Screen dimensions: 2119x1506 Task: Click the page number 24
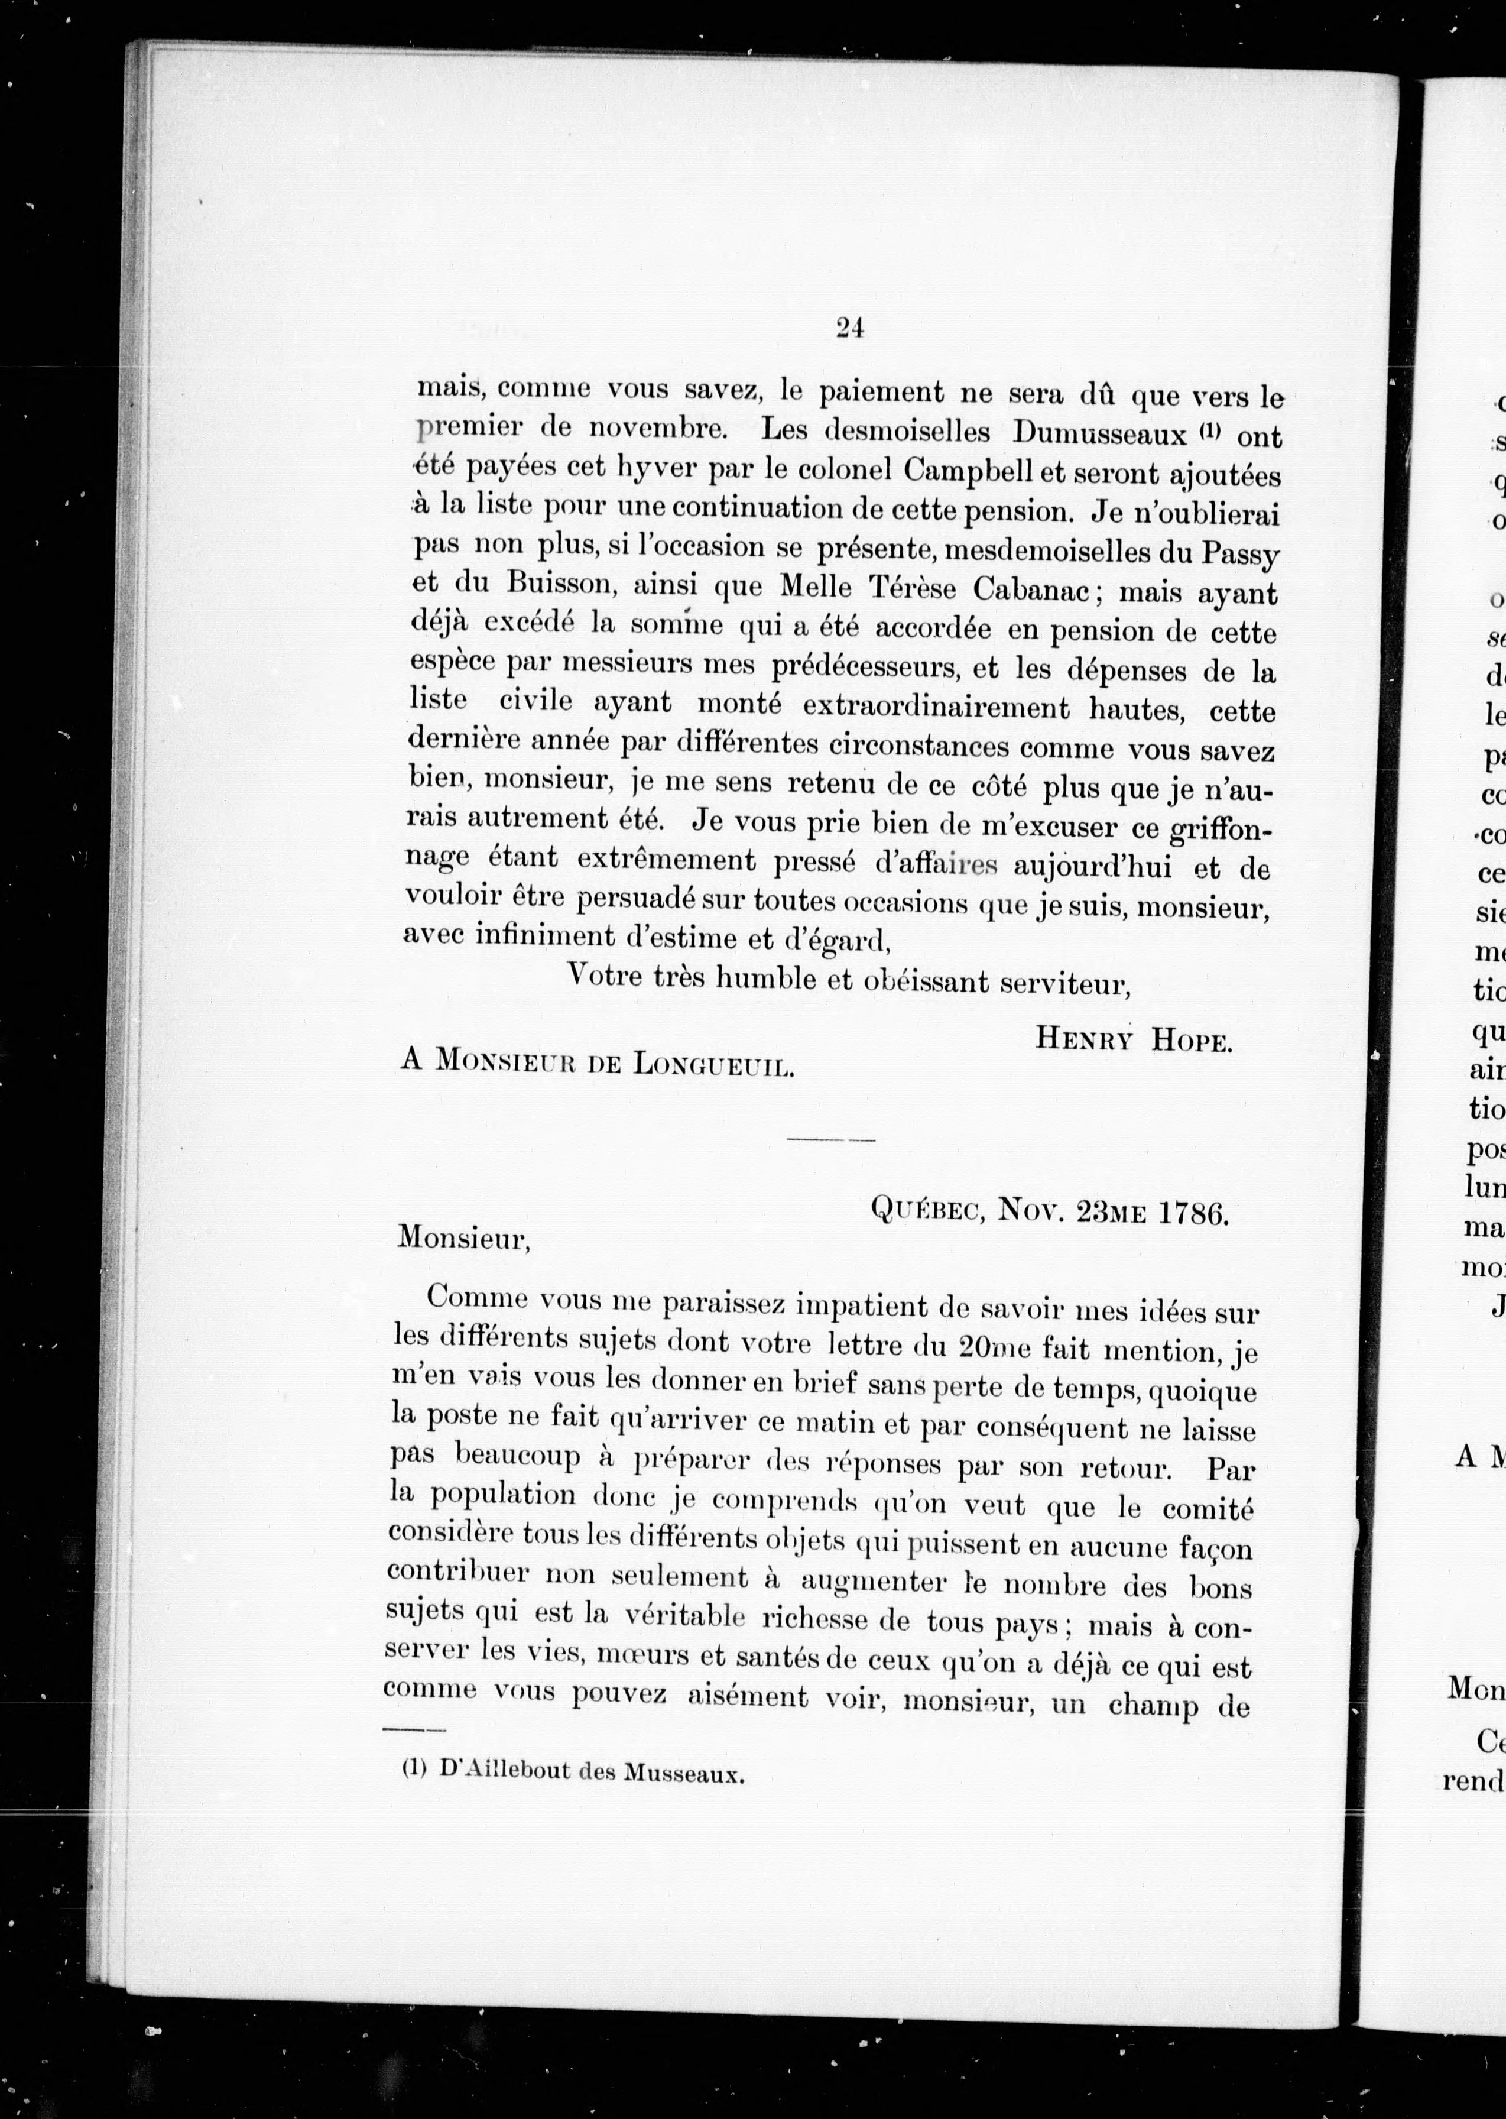849,328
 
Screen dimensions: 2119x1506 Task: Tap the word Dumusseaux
1101,433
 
